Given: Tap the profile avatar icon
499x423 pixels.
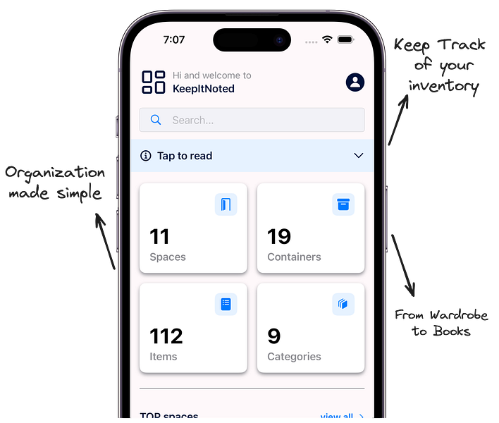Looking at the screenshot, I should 355,82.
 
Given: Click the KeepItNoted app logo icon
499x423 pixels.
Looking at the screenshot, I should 153,82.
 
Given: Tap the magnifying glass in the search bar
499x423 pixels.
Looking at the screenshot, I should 156,120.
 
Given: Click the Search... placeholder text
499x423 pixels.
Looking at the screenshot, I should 193,121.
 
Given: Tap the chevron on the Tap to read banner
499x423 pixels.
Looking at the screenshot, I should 359,156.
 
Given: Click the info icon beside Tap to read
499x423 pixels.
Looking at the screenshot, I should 146,156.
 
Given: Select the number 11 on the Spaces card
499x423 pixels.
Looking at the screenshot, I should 159,236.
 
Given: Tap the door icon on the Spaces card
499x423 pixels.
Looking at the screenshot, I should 226,204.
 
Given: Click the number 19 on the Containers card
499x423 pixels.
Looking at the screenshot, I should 279,236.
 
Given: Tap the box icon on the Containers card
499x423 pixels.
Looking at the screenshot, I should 343,204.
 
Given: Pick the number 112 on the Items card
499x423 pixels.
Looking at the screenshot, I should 166,336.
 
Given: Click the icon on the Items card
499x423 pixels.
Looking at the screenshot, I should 226,305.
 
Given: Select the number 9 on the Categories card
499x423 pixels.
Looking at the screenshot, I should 274,336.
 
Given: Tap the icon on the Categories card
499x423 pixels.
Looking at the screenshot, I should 343,305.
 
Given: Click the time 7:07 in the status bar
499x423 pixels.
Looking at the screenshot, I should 174,40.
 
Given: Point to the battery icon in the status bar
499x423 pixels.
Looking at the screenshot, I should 346,40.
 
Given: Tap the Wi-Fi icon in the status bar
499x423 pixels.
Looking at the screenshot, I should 327,39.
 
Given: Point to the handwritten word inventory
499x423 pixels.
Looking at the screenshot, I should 444,87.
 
